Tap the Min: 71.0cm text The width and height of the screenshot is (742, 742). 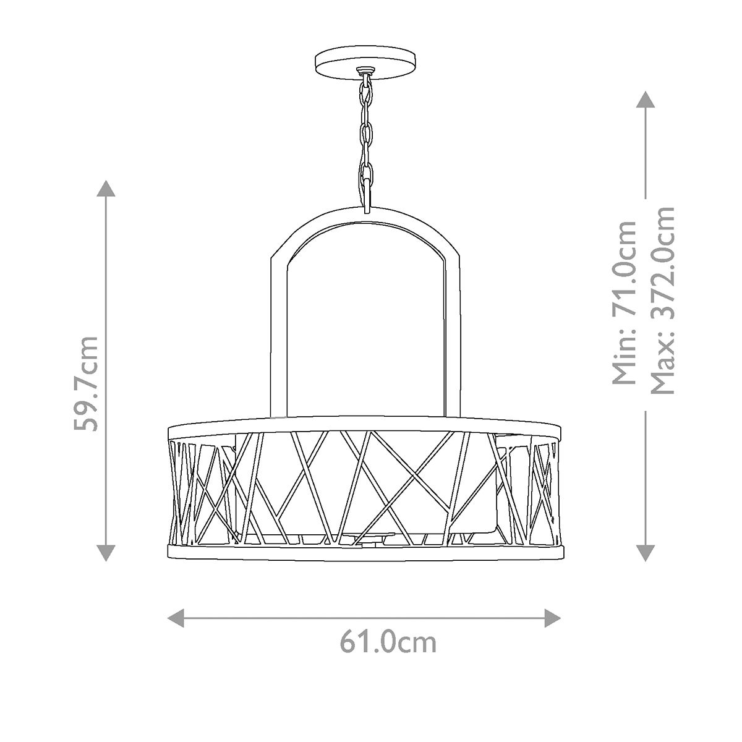623,303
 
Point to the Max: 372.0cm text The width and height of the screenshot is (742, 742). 662,301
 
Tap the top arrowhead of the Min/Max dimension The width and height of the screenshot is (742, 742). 645,100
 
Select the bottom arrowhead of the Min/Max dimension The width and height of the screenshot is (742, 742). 645,552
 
